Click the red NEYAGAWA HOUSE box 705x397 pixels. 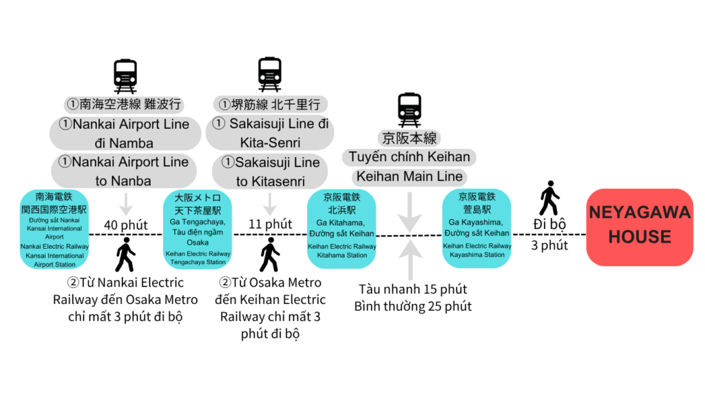click(640, 227)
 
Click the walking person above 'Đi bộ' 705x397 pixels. click(549, 198)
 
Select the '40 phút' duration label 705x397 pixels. click(126, 225)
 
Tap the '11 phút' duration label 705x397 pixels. click(269, 224)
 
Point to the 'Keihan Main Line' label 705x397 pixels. click(410, 176)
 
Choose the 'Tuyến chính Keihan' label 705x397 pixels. click(410, 157)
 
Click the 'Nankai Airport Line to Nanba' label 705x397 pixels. click(124, 172)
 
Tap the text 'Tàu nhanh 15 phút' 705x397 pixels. click(412, 289)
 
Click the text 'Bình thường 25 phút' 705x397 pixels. click(412, 306)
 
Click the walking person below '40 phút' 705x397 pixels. click(125, 256)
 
